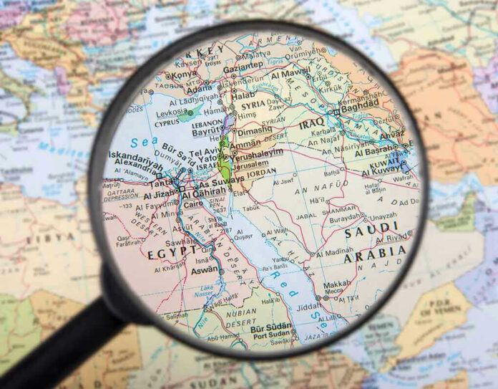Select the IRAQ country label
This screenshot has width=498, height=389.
pyautogui.click(x=312, y=123)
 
